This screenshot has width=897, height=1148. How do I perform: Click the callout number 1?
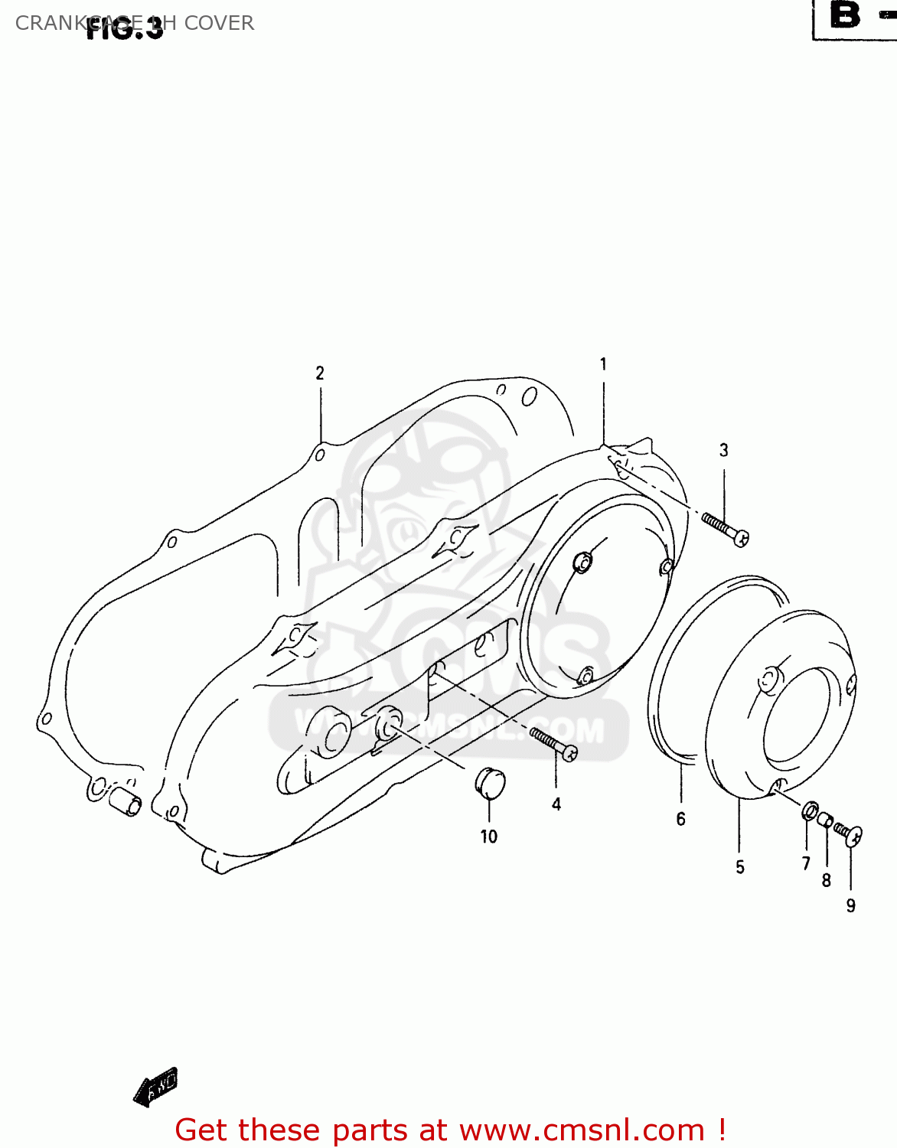point(603,364)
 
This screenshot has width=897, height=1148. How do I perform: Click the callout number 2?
point(320,373)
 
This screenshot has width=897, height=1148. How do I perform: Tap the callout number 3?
point(724,450)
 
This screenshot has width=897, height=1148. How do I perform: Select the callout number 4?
point(556,804)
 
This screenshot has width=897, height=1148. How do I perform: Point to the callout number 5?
point(740,867)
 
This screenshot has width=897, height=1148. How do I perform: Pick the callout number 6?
point(680,820)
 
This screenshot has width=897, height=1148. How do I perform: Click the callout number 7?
point(806,864)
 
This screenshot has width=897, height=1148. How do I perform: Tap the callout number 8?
point(827,881)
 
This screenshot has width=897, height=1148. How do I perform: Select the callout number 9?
point(851,906)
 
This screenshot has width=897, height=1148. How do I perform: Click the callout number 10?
point(489,837)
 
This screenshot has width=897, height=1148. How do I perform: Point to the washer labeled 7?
point(810,810)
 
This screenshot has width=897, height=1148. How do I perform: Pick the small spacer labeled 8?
point(825,820)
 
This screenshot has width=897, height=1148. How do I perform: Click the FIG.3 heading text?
point(125,29)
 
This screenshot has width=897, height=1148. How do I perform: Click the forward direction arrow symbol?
point(155,1086)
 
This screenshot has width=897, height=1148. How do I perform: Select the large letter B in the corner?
point(845,15)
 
